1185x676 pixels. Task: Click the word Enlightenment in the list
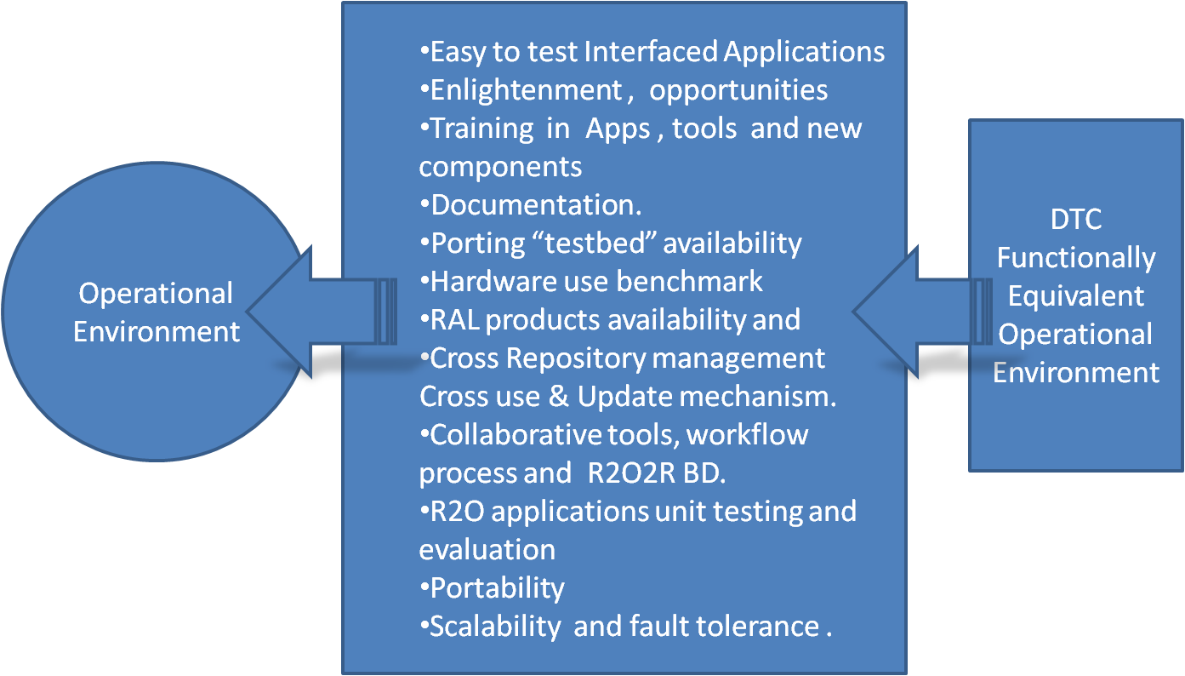527,90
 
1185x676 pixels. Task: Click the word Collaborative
516,434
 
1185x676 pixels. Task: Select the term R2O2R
631,473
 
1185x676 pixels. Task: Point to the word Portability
498,588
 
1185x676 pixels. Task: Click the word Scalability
495,627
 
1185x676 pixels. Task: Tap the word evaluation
487,549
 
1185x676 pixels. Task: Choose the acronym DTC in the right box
1076,219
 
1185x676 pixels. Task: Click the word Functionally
1076,259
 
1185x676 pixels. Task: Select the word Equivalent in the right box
1076,296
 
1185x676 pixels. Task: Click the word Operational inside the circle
156,295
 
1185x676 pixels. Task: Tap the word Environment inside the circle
157,332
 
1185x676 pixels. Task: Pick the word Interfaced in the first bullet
651,52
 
